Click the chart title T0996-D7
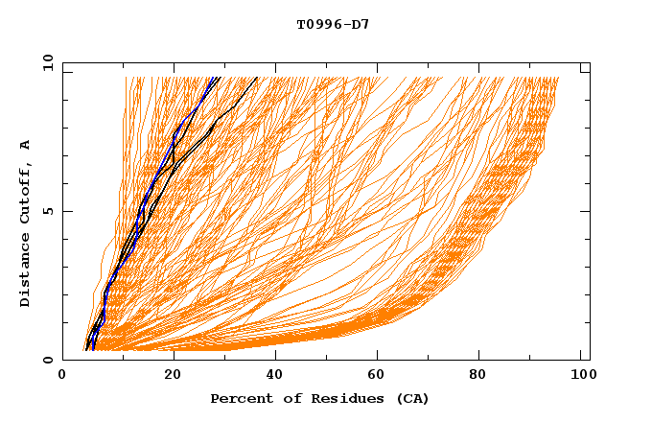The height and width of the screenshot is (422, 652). [x=333, y=24]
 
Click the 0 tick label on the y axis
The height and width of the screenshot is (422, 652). [x=48, y=360]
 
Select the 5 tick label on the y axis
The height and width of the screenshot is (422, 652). [x=48, y=211]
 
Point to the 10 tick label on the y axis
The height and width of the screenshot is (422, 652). [x=46, y=62]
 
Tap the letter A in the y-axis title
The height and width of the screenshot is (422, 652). [x=25, y=144]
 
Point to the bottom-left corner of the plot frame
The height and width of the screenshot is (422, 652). [x=63, y=360]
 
